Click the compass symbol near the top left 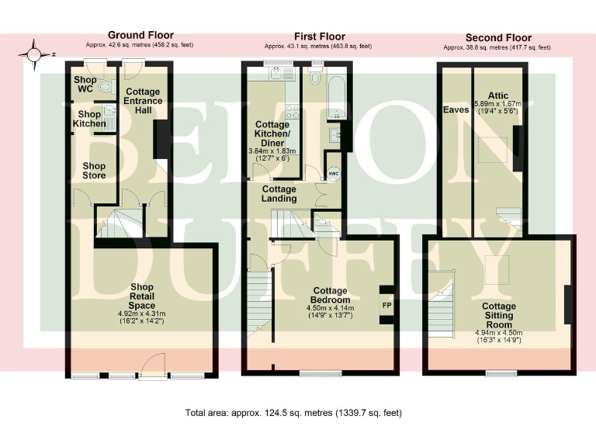coord(33,54)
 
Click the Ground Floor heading coord(140,35)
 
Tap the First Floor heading coord(319,36)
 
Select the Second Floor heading coord(497,37)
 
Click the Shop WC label coord(84,84)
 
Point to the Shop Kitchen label coord(89,119)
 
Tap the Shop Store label coord(94,171)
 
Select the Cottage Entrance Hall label coord(141,101)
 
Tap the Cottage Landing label coord(279,195)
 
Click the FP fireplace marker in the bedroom coord(386,303)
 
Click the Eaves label coord(455,109)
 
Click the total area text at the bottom coord(294,413)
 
